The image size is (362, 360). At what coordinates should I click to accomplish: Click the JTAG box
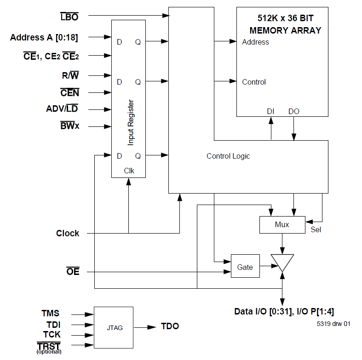[113, 327]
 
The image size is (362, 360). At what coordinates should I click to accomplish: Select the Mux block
[282, 224]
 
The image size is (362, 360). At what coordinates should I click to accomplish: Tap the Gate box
[245, 267]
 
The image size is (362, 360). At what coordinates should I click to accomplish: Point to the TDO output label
[170, 326]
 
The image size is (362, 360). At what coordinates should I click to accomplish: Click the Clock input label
[68, 233]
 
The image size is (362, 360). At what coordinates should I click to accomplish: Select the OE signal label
[73, 272]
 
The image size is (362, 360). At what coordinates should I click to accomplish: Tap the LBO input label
[69, 17]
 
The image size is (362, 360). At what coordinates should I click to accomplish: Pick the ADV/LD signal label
[63, 109]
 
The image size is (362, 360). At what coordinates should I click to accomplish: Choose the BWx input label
[69, 126]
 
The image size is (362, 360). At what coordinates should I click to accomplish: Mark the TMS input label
[50, 314]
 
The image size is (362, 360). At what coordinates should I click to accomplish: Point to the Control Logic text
[228, 156]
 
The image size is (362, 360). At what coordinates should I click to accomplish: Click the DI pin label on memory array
[271, 111]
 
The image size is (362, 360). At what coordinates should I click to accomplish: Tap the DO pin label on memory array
[293, 111]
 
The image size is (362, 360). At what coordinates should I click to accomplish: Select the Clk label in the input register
[129, 170]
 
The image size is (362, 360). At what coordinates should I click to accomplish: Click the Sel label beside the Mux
[316, 229]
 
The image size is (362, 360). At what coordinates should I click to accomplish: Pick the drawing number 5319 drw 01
[333, 324]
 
